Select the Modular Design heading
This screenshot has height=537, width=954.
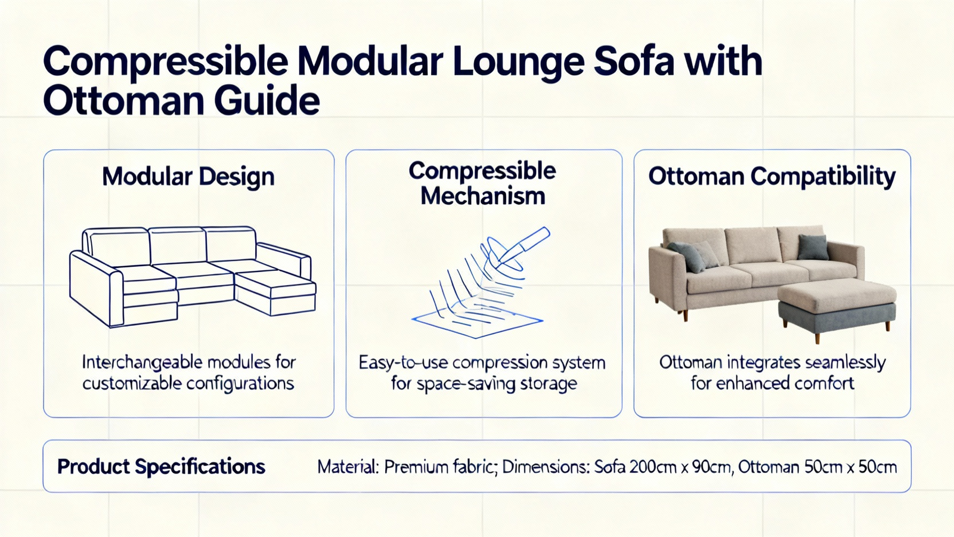[188, 177]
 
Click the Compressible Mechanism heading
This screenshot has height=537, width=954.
[482, 183]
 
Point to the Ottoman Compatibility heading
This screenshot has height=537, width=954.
[772, 177]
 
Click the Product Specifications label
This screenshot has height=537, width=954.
[162, 467]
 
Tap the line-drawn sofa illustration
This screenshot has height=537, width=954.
[193, 277]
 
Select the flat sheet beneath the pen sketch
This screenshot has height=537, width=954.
[477, 320]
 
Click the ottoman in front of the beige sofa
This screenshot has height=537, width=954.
[838, 307]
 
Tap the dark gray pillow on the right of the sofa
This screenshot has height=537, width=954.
[813, 247]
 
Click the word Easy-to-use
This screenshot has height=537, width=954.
[403, 363]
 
